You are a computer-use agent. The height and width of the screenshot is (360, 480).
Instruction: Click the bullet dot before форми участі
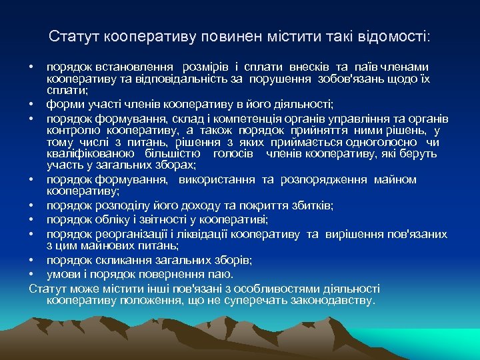pyautogui.click(x=32, y=104)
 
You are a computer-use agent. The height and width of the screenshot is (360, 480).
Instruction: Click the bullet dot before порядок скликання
pyautogui.click(x=32, y=259)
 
